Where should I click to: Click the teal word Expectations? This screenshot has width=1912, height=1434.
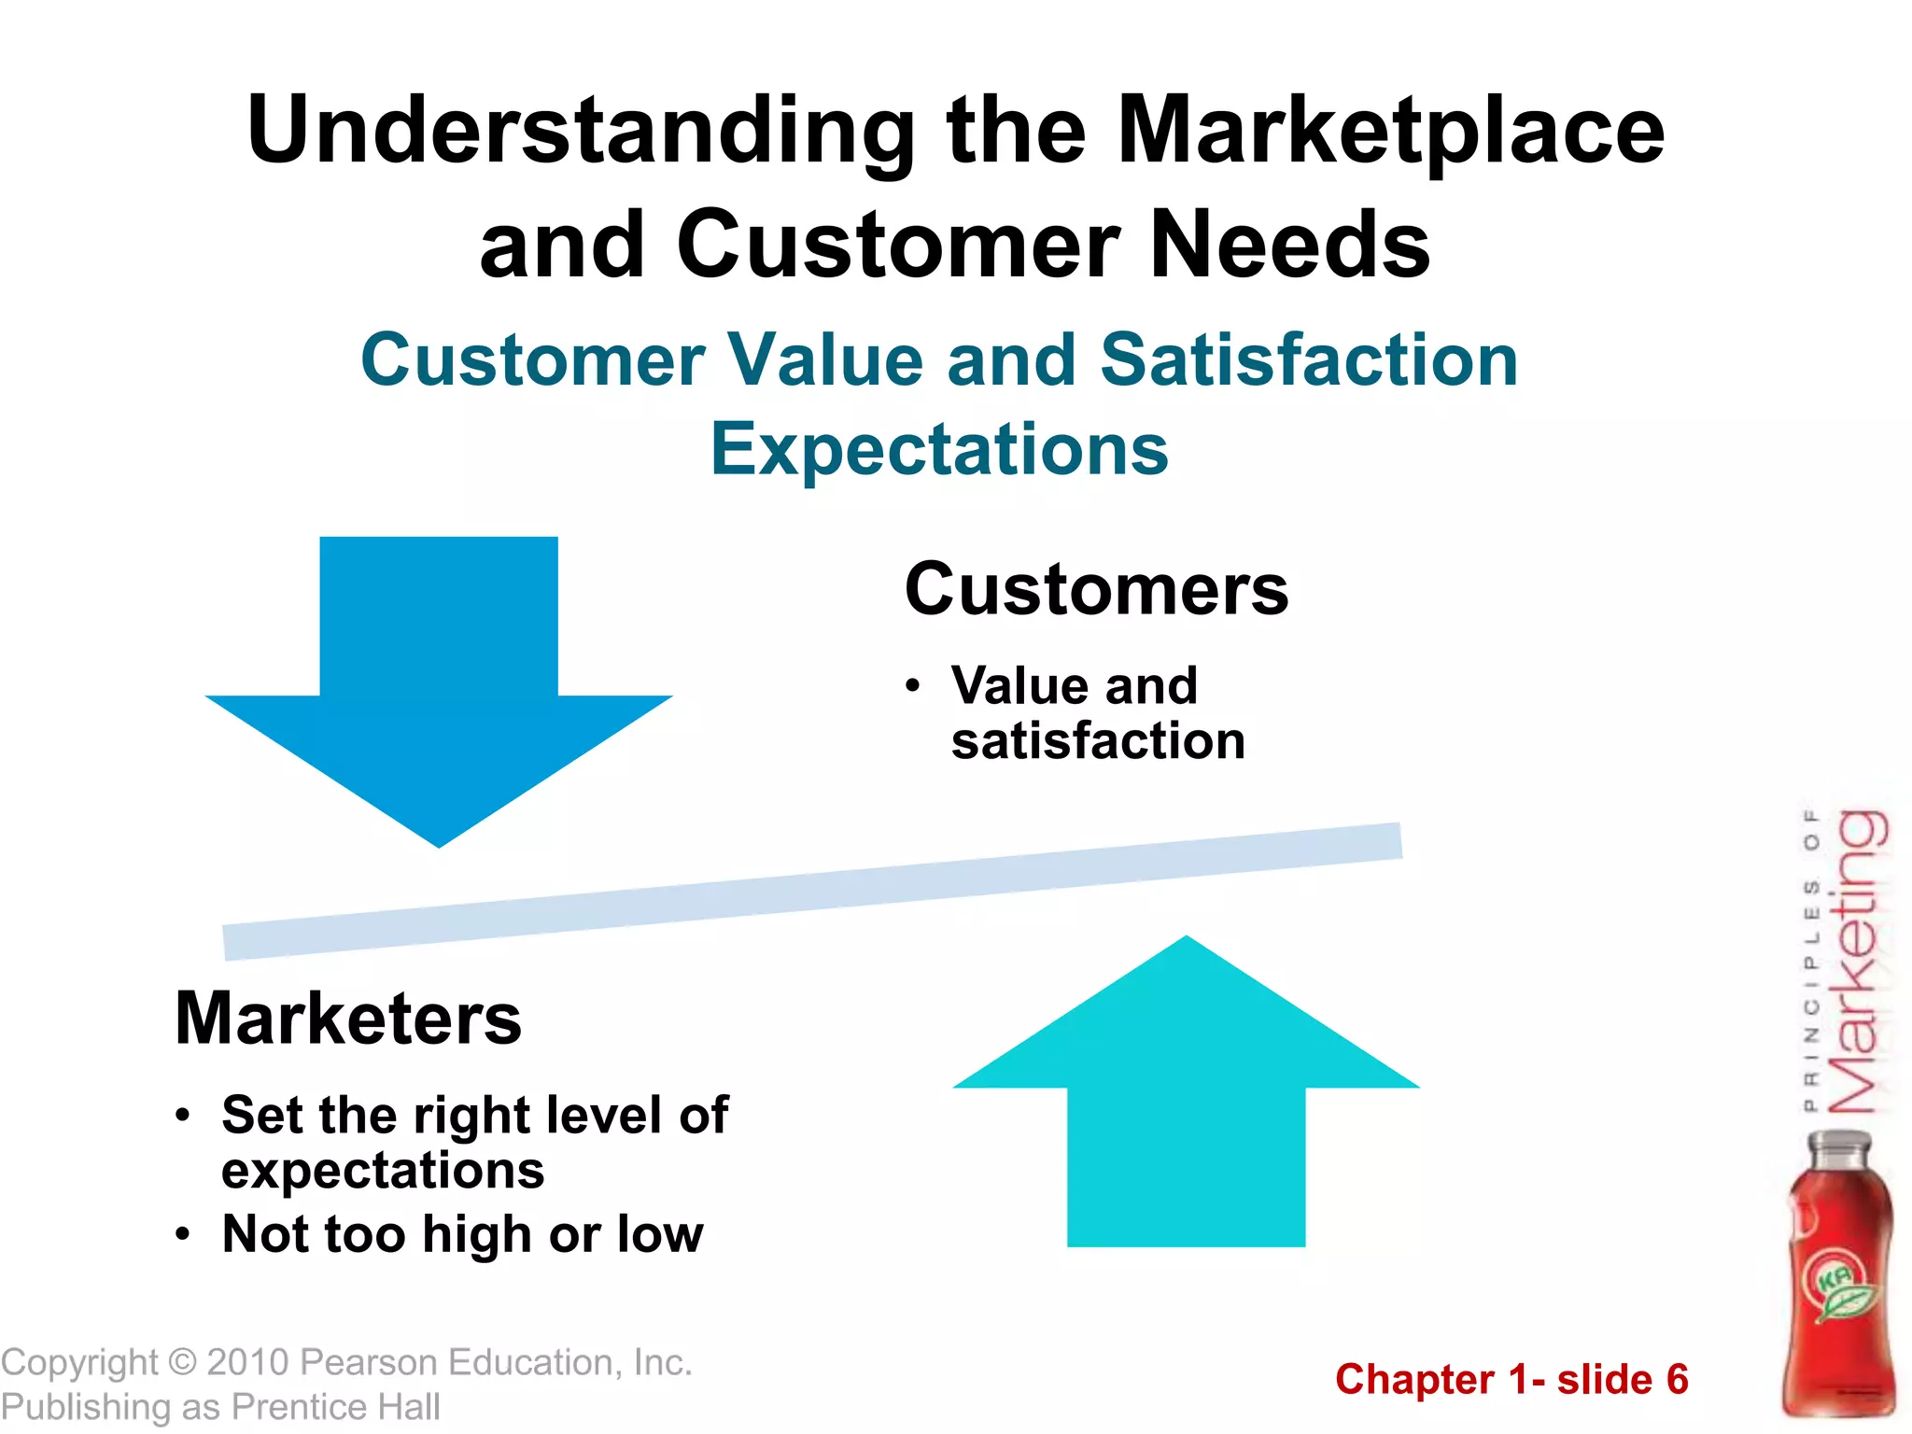pyautogui.click(x=939, y=449)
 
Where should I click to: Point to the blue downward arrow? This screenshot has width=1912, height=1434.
pyautogui.click(x=439, y=682)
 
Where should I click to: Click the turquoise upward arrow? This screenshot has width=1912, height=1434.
pyautogui.click(x=1186, y=1102)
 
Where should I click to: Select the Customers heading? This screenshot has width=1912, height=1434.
pyautogui.click(x=1096, y=590)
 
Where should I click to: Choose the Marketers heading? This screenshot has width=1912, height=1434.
pyautogui.click(x=348, y=1019)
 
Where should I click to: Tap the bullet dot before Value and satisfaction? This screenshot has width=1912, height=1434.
pyautogui.click(x=913, y=687)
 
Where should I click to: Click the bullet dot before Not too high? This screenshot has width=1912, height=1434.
pyautogui.click(x=183, y=1235)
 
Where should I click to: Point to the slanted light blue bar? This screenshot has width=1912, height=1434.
pyautogui.click(x=812, y=892)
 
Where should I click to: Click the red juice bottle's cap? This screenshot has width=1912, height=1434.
pyautogui.click(x=1839, y=1147)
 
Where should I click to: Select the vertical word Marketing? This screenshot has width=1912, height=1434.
pyautogui.click(x=1856, y=962)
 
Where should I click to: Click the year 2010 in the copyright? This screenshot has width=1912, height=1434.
pyautogui.click(x=247, y=1363)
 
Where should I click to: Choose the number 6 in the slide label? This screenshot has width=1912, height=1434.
pyautogui.click(x=1677, y=1380)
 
